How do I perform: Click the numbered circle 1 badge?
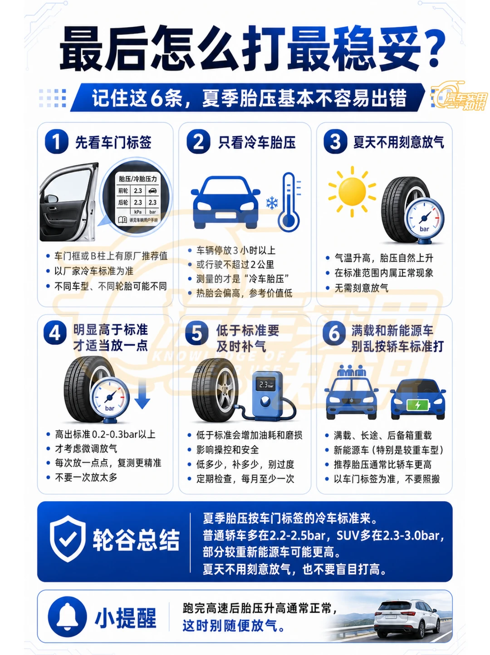point(56,142)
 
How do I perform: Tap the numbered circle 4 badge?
point(55,333)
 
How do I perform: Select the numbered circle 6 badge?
point(334,333)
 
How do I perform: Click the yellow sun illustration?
point(352,191)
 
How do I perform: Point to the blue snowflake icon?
point(272,202)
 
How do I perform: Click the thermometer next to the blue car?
point(289,202)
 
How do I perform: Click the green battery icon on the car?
point(418,404)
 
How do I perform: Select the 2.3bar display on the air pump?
point(266,384)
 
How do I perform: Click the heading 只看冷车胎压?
point(257,142)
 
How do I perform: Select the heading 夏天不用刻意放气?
point(399,142)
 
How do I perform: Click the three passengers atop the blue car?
point(352,370)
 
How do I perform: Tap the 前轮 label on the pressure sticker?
point(123,190)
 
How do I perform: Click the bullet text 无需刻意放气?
point(361,288)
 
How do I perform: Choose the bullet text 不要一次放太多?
point(86,477)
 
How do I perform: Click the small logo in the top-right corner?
point(459,96)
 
